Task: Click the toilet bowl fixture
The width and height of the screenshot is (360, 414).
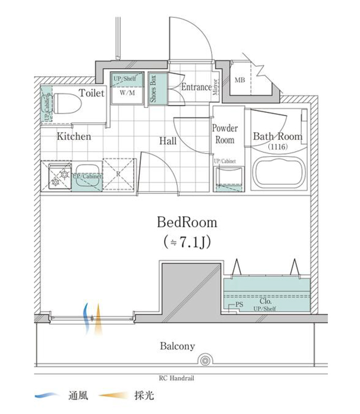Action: click(x=67, y=103)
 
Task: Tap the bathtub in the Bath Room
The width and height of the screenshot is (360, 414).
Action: click(x=279, y=173)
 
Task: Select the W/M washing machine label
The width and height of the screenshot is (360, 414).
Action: click(x=127, y=93)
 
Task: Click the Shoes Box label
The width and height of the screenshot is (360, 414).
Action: click(x=153, y=88)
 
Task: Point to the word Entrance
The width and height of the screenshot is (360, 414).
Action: click(x=196, y=87)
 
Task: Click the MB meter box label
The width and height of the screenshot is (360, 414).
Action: click(x=240, y=80)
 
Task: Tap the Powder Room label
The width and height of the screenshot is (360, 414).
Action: click(x=225, y=134)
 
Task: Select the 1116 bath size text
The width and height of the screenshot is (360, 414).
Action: click(x=278, y=146)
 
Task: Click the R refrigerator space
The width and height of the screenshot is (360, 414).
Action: click(x=118, y=174)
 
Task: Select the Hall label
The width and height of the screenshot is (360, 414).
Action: click(x=168, y=141)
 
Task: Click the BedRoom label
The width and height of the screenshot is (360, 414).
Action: click(x=187, y=223)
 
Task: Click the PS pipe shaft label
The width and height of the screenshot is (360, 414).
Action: click(x=239, y=304)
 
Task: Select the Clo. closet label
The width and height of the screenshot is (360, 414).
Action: click(x=265, y=301)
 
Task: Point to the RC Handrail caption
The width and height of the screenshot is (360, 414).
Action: click(x=177, y=378)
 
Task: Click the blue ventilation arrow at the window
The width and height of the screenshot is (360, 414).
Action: click(x=86, y=319)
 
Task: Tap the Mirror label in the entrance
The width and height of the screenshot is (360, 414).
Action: click(x=215, y=87)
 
